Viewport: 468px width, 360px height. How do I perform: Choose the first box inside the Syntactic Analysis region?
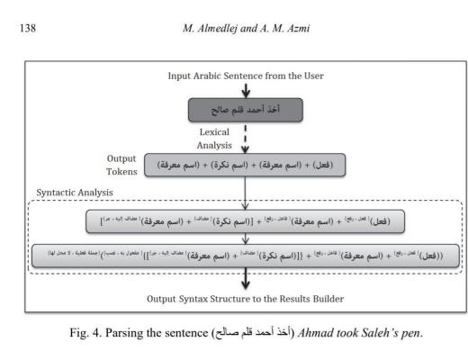(x=245, y=220)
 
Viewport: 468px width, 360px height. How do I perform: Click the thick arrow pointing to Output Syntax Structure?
(x=245, y=280)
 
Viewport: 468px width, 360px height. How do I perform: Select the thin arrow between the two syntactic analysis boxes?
(x=245, y=238)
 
